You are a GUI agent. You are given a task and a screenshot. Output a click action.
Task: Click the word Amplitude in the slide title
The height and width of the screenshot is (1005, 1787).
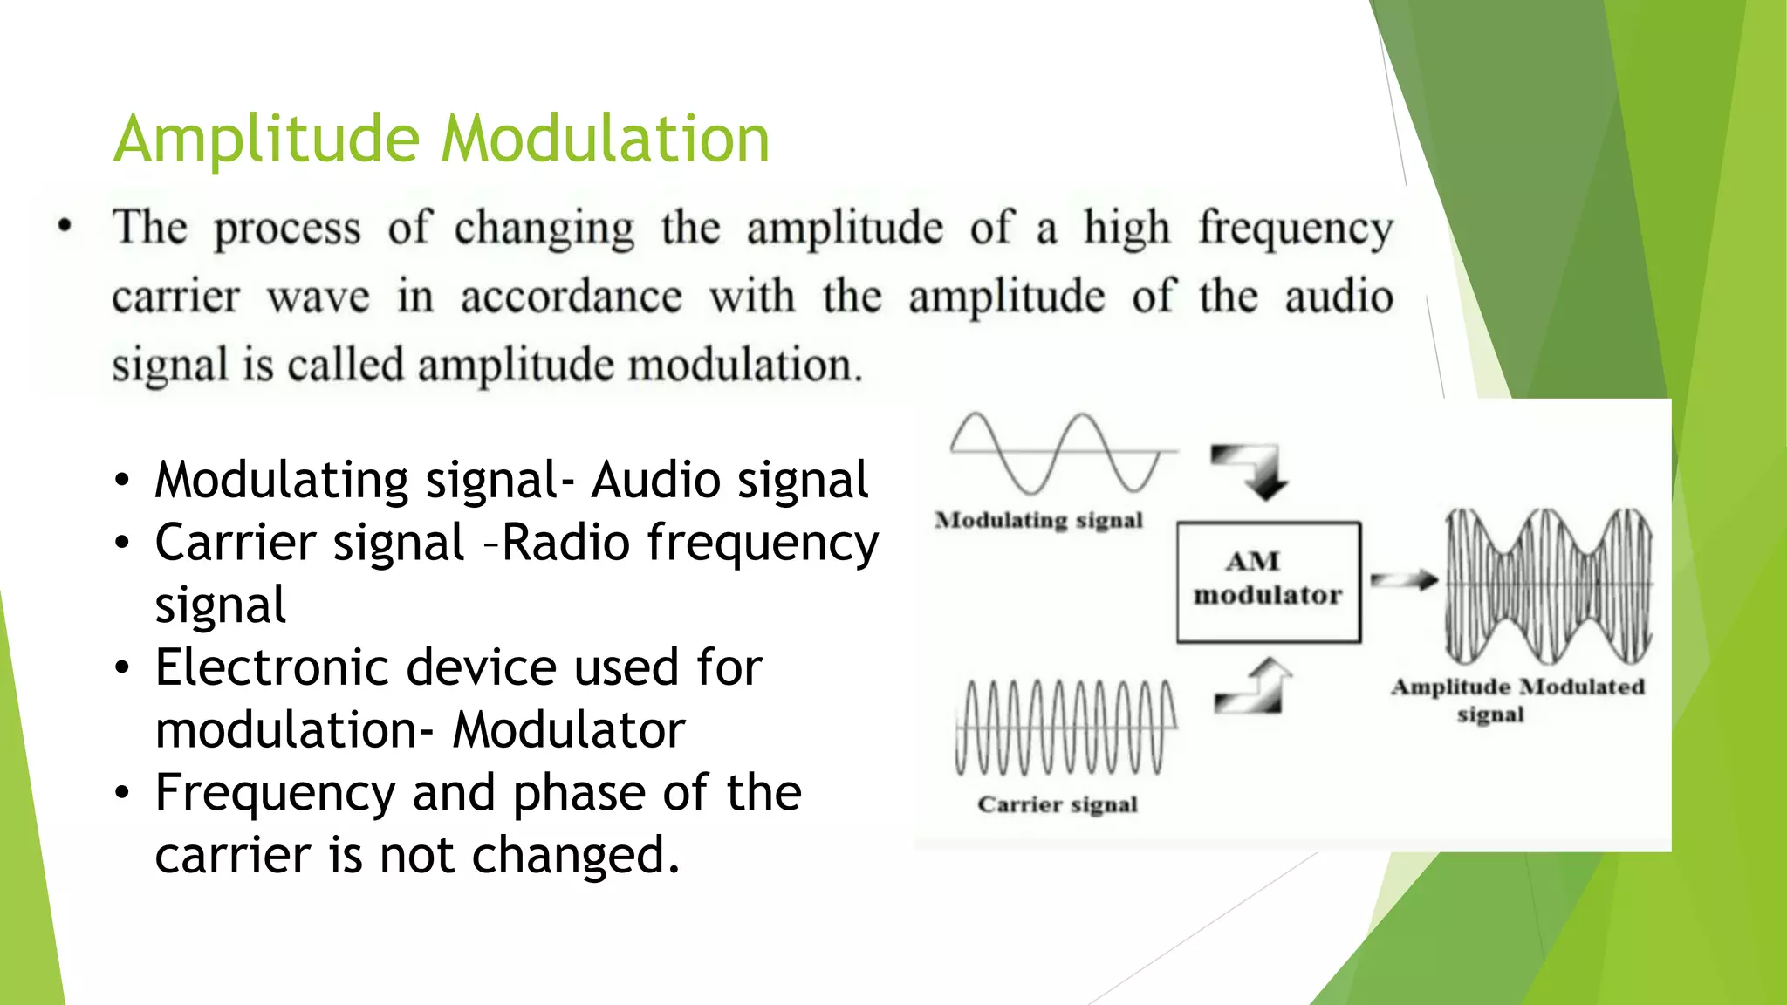point(266,140)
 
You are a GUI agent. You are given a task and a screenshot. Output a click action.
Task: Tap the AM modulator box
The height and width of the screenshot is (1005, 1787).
point(1268,582)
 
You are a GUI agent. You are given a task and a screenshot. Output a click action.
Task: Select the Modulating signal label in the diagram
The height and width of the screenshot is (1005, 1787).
point(1038,521)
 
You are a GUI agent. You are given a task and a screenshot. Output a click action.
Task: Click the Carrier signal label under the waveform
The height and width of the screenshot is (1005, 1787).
point(1058,804)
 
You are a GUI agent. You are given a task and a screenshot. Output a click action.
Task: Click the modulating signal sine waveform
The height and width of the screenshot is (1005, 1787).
point(1060,452)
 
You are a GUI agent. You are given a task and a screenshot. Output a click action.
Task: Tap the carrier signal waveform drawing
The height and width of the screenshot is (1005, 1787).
point(1065,728)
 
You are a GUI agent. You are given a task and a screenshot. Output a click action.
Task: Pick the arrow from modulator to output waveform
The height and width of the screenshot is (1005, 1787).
point(1403,580)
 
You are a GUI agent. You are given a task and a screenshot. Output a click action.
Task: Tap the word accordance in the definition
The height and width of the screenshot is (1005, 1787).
point(572,297)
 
